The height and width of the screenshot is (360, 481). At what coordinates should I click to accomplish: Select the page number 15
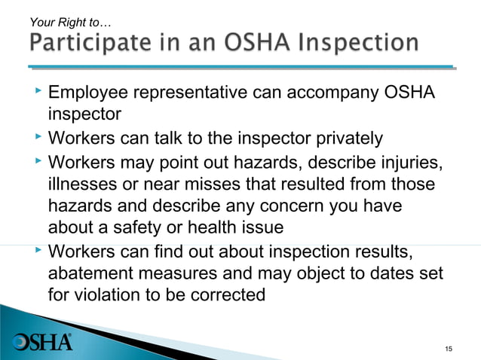pyautogui.click(x=449, y=347)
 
